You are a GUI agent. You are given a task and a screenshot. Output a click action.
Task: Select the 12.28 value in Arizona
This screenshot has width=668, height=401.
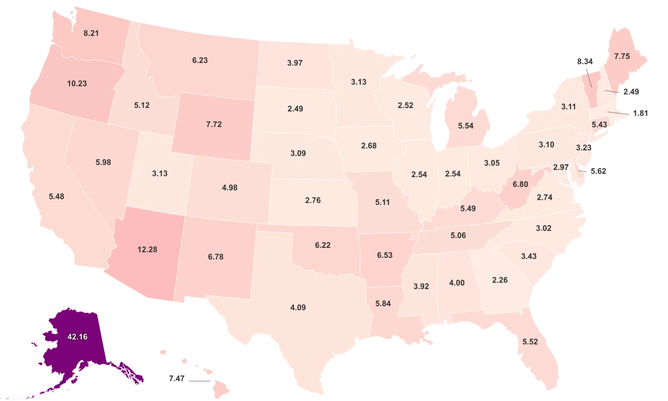click(147, 250)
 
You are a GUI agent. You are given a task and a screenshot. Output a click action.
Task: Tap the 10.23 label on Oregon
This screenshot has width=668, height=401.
click(77, 84)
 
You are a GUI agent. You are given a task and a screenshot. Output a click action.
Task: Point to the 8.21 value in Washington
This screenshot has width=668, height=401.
click(91, 33)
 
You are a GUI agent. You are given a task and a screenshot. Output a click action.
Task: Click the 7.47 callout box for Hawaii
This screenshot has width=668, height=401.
click(177, 379)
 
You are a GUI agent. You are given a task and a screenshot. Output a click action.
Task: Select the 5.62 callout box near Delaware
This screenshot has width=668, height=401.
click(598, 171)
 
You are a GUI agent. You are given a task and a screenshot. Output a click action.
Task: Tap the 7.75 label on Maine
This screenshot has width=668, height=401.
click(622, 56)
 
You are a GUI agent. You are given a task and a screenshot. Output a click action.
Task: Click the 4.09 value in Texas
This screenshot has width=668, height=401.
click(298, 307)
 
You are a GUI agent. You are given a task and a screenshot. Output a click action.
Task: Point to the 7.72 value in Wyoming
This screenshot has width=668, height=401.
click(214, 124)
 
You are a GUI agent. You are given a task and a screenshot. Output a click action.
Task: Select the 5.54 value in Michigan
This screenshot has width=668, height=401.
click(465, 126)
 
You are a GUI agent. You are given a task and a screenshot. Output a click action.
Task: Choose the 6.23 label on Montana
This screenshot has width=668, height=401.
click(200, 60)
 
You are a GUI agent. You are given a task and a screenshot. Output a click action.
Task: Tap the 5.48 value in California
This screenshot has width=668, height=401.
click(56, 197)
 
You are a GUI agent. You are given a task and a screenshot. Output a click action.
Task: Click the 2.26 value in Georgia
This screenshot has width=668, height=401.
click(500, 280)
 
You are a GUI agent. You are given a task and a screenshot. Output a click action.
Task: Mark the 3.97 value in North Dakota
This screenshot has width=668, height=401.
click(295, 62)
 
